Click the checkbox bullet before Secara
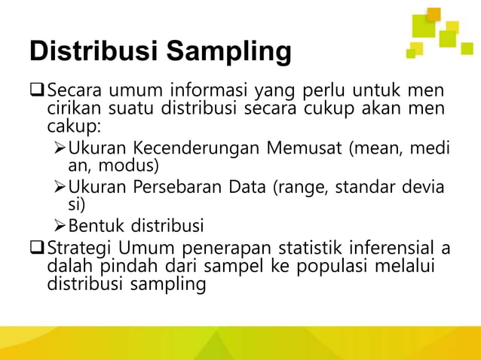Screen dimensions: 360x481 point(37,93)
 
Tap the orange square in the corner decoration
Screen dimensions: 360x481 point(433,14)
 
